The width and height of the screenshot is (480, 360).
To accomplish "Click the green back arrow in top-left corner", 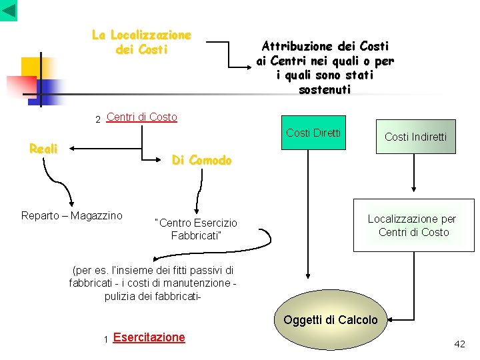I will point(9,10).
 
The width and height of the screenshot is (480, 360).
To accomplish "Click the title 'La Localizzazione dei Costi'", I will point(141,42).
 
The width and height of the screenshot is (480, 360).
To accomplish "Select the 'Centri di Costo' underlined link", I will point(141,117).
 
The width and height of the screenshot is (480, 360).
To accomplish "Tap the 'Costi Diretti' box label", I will point(313,133).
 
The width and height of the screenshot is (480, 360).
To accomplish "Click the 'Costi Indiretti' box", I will point(415,137).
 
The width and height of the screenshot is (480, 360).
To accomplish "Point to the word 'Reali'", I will point(43,149).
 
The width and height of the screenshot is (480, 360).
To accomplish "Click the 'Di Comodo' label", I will point(201,160).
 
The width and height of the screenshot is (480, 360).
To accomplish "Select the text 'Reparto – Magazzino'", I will point(72,215).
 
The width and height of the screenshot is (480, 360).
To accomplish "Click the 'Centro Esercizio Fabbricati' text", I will point(195,229).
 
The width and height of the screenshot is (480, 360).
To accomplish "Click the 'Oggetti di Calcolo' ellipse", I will point(330,320).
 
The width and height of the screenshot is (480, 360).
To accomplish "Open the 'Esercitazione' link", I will point(149,337).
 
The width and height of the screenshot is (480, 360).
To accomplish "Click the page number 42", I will point(459,344).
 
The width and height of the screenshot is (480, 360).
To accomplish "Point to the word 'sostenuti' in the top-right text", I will point(325,89).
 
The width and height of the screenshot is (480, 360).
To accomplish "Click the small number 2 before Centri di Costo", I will point(97,120).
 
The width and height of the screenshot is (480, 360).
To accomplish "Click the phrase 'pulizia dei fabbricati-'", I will point(153,296).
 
